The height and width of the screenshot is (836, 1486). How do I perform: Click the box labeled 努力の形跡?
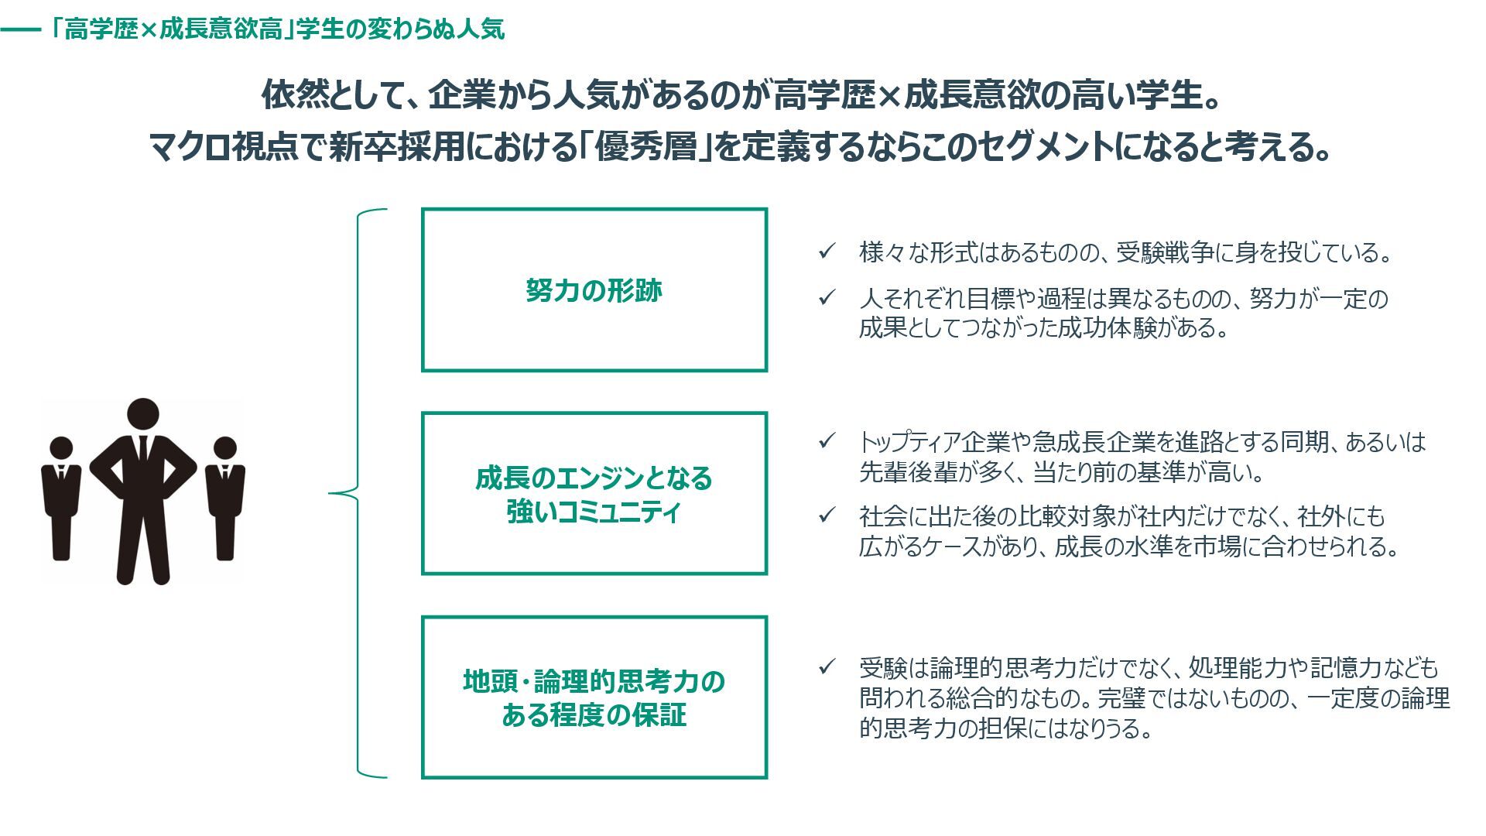(x=594, y=290)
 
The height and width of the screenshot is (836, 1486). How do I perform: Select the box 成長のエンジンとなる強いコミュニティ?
(x=594, y=494)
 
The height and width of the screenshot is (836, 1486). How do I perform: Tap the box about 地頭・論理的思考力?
(x=594, y=697)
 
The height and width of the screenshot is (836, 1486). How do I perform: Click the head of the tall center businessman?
(x=142, y=414)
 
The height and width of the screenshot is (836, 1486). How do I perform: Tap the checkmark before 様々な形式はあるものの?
(x=827, y=252)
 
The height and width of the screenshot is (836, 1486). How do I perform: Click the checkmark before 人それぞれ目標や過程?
(x=827, y=297)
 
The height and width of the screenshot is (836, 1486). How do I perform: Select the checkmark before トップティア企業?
(x=827, y=441)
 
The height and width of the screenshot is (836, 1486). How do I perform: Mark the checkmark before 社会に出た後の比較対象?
(x=827, y=515)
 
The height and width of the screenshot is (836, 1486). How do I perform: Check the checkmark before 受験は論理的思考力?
(x=827, y=666)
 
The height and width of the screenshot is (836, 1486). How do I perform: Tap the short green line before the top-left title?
(x=20, y=30)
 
